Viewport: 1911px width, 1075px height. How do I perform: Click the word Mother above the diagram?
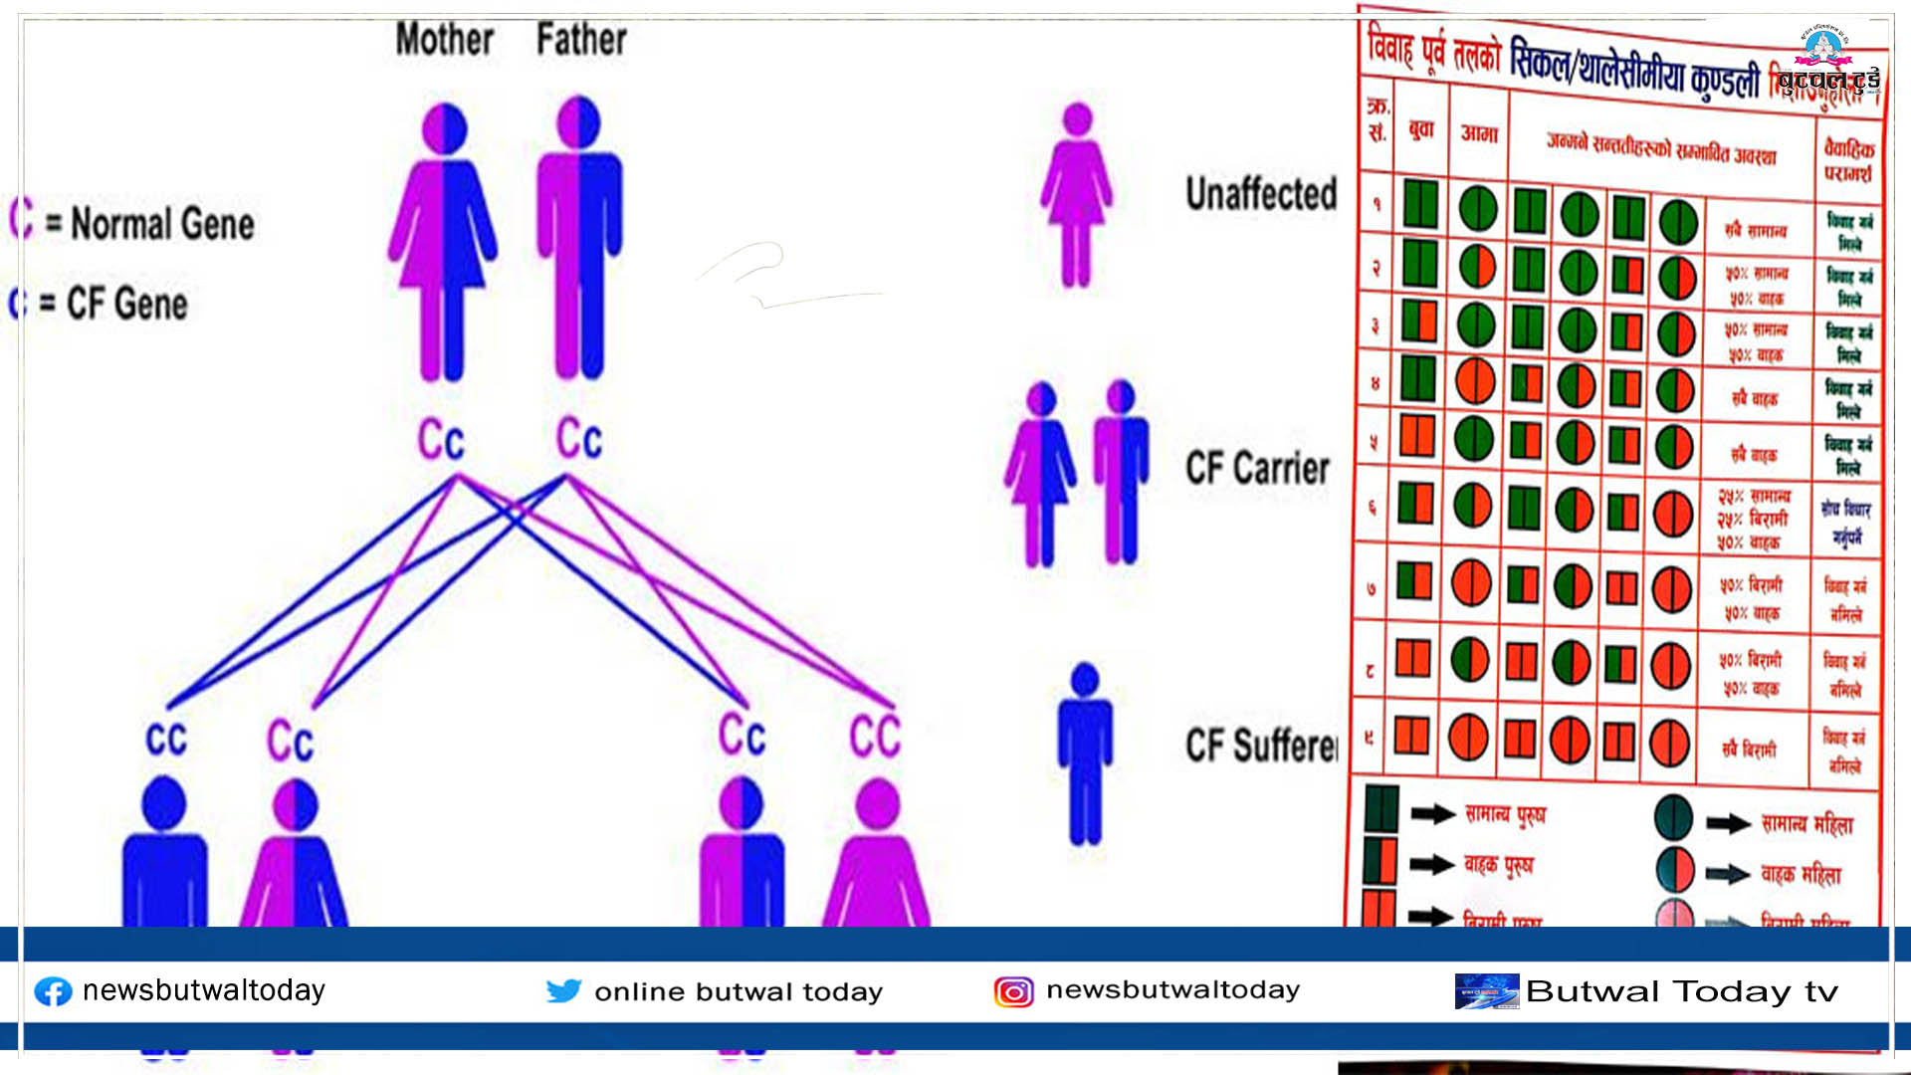tap(444, 40)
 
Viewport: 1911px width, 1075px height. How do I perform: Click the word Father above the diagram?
tap(581, 40)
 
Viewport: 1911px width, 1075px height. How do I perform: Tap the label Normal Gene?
tap(162, 223)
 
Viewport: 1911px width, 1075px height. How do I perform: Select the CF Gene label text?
tap(126, 304)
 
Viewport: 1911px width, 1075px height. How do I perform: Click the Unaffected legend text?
tap(1261, 194)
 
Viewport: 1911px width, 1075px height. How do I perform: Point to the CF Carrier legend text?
tap(1257, 468)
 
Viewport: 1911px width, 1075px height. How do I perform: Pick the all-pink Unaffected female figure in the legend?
tap(1076, 194)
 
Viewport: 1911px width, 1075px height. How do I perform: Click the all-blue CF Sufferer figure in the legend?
tap(1085, 752)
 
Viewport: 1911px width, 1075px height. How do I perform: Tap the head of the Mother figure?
tap(444, 128)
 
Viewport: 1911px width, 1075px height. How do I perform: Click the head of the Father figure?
tap(578, 121)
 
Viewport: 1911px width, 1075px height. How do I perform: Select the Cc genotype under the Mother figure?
tap(441, 439)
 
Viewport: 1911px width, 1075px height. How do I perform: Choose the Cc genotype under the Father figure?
tap(579, 438)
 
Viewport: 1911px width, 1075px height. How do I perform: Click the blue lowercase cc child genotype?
tap(166, 739)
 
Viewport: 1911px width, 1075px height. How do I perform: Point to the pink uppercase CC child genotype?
tap(875, 737)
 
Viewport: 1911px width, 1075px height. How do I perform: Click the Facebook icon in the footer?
tap(54, 991)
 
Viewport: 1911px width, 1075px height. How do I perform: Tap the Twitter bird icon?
tap(563, 990)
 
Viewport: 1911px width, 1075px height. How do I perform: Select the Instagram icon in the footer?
tap(1013, 991)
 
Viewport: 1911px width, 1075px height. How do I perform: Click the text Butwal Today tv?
tap(1682, 991)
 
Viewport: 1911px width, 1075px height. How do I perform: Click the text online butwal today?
tap(739, 991)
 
